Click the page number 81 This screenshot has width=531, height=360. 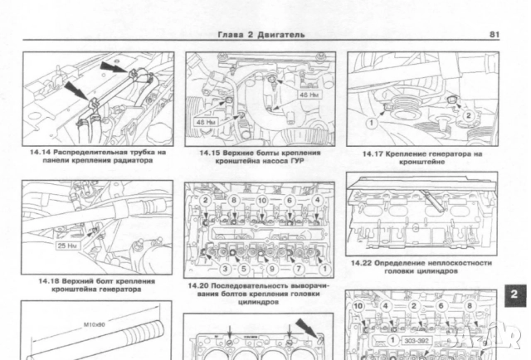click(x=494, y=34)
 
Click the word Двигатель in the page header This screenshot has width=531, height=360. click(x=280, y=34)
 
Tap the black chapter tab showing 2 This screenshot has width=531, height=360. click(x=514, y=294)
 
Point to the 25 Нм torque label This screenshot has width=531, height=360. click(x=66, y=246)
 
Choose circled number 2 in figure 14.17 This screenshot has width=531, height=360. click(x=469, y=116)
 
